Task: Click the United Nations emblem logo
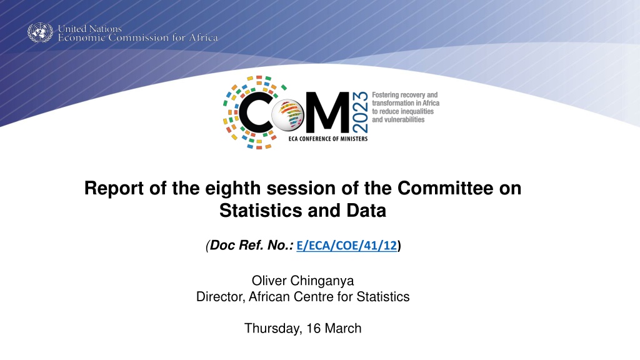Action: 40,32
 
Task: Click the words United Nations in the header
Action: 90,29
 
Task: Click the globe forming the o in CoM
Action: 288,115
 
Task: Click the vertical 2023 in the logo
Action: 360,112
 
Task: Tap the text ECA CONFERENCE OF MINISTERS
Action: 328,139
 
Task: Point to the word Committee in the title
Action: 445,188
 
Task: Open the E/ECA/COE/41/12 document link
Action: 346,245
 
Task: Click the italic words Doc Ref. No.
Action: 251,245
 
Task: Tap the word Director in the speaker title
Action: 221,297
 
